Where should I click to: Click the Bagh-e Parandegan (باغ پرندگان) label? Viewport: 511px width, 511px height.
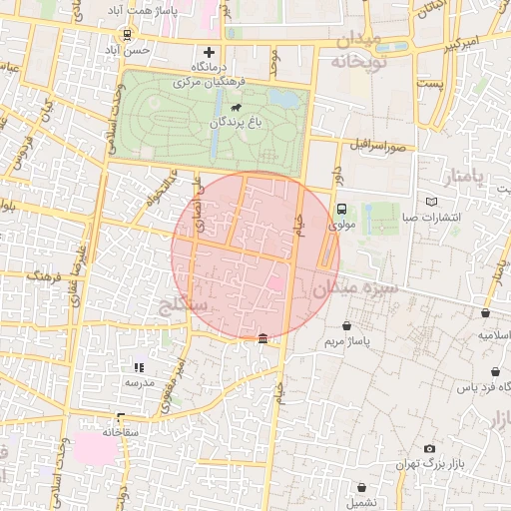236,123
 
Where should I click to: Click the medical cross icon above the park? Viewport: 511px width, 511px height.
209,51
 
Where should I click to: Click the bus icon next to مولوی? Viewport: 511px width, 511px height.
342,210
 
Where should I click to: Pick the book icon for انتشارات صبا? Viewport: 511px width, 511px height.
431,203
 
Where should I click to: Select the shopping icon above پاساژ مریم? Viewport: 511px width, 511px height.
346,325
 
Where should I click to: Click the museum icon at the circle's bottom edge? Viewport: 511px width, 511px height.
262,339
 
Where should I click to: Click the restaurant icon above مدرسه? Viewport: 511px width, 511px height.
139,366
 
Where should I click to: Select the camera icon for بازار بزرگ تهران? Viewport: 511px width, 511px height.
429,449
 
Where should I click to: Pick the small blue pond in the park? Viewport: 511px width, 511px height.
287,100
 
